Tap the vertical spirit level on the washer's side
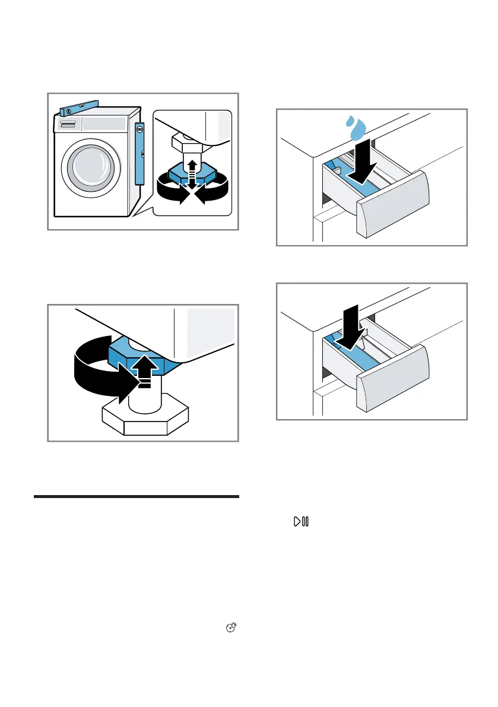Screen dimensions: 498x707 pos(139,153)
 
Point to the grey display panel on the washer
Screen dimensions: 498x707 pos(104,124)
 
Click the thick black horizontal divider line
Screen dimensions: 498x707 pos(137,496)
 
